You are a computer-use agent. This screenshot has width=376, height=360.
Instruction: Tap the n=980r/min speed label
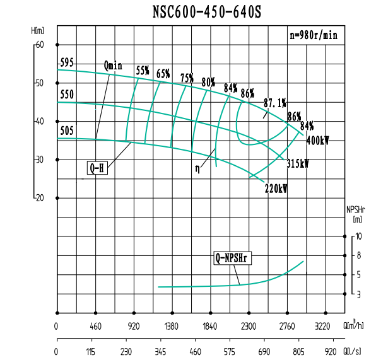click(x=314, y=35)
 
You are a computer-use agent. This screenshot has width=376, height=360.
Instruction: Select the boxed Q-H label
click(x=97, y=168)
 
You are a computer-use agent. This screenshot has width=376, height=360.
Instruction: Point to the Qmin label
click(x=113, y=65)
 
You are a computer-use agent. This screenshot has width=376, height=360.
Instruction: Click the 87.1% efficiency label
click(x=275, y=103)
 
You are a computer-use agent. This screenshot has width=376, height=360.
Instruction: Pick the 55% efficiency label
click(x=143, y=71)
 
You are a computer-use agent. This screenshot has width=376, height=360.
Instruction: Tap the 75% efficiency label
click(x=187, y=78)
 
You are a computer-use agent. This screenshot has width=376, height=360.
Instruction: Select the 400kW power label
click(x=317, y=141)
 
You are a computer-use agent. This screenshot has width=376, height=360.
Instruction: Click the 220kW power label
click(x=276, y=188)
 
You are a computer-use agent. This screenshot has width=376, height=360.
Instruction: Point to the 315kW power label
click(x=297, y=163)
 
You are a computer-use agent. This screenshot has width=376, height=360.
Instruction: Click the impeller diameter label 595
click(x=67, y=63)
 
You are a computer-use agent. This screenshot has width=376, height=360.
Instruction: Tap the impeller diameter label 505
click(x=67, y=131)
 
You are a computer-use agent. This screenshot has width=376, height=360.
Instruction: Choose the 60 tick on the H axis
click(x=40, y=44)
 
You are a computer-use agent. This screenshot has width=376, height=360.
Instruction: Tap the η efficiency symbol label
click(x=197, y=169)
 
